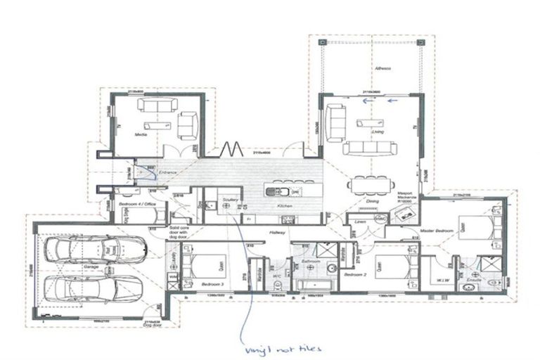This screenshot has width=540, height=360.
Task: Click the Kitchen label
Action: pos(284,205)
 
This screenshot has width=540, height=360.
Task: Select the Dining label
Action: pos(372,201)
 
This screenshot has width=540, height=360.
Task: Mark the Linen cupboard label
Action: pos(361,221)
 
